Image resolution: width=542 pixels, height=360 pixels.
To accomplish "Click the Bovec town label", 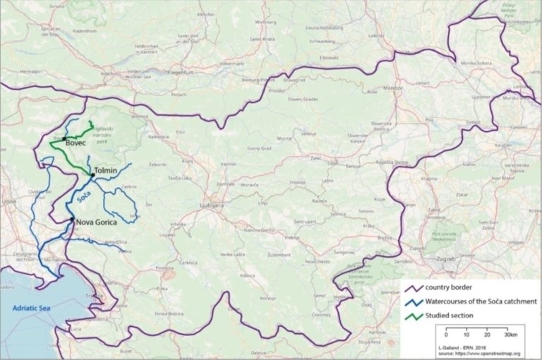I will (x=76, y=143).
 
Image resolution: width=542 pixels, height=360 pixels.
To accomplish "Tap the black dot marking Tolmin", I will (x=91, y=172).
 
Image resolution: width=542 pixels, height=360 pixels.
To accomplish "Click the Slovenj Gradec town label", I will (x=303, y=100).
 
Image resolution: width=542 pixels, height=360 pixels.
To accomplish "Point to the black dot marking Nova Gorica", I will (x=72, y=221).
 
